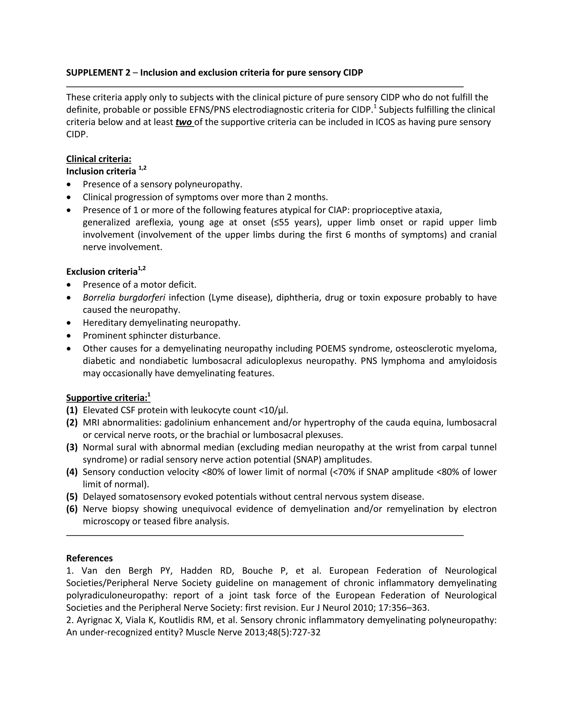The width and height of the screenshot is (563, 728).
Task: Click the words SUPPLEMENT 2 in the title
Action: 98,73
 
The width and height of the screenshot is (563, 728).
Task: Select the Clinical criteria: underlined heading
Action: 99,159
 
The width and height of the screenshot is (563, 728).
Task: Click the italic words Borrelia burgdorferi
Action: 124,297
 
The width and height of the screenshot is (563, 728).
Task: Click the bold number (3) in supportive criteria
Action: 72,447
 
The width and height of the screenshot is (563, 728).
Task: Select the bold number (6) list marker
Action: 72,509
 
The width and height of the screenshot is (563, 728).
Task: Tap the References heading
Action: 89,558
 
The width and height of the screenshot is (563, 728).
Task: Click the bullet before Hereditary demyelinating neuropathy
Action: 69,323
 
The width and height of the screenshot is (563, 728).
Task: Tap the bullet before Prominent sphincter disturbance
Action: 69,336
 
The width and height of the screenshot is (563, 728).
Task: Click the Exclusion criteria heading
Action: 102,272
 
